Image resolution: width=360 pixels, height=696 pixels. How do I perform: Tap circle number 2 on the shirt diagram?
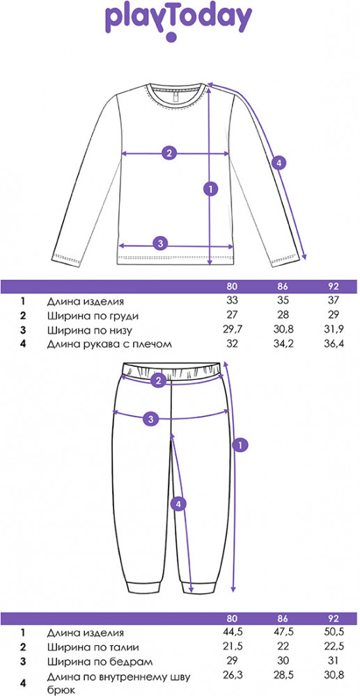click(x=169, y=154)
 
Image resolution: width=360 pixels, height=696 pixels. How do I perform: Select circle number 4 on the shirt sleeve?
click(x=279, y=164)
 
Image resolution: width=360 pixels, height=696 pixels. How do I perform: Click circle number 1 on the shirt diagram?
click(x=210, y=189)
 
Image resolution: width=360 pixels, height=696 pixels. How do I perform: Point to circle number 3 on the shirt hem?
click(x=161, y=243)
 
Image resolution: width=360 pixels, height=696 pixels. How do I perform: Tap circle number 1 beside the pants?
click(x=240, y=445)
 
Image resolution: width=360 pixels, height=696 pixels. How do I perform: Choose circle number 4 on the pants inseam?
click(x=178, y=504)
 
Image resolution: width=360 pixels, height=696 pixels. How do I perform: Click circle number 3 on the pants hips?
click(x=151, y=418)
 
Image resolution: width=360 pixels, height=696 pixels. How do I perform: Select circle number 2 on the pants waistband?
click(x=158, y=380)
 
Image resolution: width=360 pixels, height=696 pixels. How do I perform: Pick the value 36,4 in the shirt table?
click(x=334, y=344)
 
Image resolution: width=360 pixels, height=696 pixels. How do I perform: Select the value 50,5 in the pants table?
click(x=334, y=633)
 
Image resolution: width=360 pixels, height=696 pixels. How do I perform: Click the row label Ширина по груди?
click(x=93, y=316)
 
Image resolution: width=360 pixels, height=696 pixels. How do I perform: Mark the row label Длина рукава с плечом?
click(x=109, y=344)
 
